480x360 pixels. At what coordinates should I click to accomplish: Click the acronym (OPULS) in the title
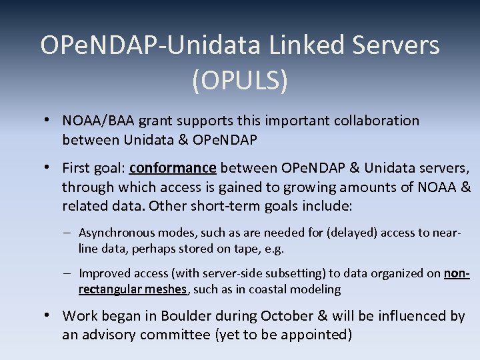(240, 81)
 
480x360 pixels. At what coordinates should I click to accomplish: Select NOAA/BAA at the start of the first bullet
(94, 121)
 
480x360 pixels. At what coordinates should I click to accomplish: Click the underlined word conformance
(173, 167)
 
